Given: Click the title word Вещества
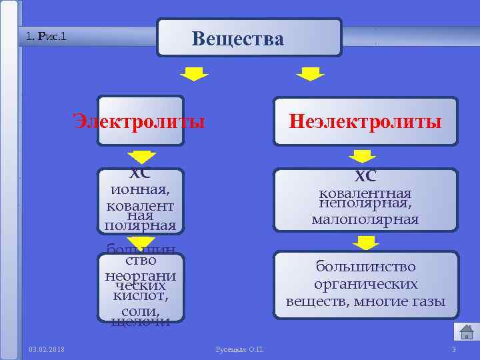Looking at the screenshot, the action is pyautogui.click(x=238, y=39).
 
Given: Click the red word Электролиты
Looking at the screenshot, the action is pyautogui.click(x=139, y=122).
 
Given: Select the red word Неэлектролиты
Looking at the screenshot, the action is pyautogui.click(x=365, y=122).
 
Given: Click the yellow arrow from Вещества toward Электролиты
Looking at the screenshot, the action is pyautogui.click(x=194, y=73).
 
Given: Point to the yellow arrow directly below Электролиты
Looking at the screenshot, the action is pyautogui.click(x=141, y=157).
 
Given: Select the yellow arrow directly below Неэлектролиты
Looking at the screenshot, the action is pyautogui.click(x=364, y=157).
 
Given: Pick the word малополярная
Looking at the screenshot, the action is pyautogui.click(x=365, y=219).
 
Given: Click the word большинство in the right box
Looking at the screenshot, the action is pyautogui.click(x=365, y=267).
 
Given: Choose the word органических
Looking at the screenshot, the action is pyautogui.click(x=365, y=284).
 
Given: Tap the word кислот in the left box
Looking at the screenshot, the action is pyautogui.click(x=140, y=296).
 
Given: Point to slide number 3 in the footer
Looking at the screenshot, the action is pyautogui.click(x=453, y=349).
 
